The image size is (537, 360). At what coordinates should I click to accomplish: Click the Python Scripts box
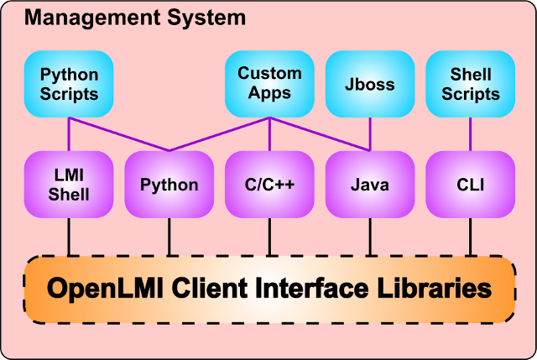pyautogui.click(x=69, y=83)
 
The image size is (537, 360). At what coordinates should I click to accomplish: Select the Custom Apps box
pyautogui.click(x=269, y=83)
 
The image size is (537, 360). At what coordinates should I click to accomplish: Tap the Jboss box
pyautogui.click(x=369, y=84)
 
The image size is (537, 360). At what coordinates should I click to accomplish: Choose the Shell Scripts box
pyautogui.click(x=470, y=83)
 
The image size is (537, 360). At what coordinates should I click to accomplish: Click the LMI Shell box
pyautogui.click(x=69, y=185)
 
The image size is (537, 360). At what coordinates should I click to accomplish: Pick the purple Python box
pyautogui.click(x=169, y=185)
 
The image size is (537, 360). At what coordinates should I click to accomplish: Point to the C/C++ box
pyautogui.click(x=269, y=185)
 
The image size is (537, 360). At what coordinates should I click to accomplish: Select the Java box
pyautogui.click(x=369, y=185)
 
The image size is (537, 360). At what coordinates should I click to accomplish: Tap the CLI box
pyautogui.click(x=470, y=185)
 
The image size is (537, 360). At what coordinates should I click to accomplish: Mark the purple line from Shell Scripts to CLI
pyautogui.click(x=470, y=134)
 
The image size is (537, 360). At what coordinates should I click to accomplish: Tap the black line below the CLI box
pyautogui.click(x=470, y=237)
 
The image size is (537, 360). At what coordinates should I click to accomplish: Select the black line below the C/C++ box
pyautogui.click(x=269, y=237)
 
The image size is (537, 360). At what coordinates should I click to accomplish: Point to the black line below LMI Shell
pyautogui.click(x=69, y=237)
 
